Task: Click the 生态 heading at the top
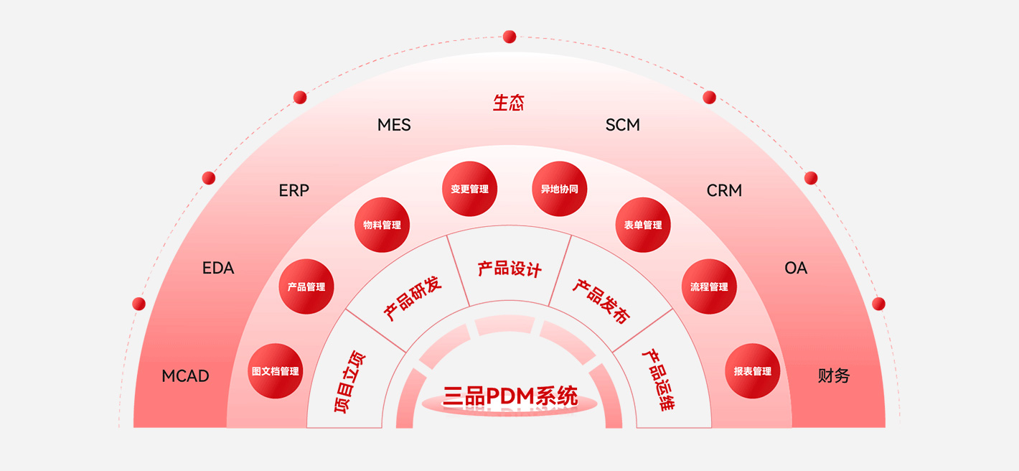pyautogui.click(x=509, y=103)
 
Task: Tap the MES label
pyautogui.click(x=394, y=125)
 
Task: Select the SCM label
pyautogui.click(x=622, y=125)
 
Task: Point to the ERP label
pyautogui.click(x=294, y=190)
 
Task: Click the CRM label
pyautogui.click(x=724, y=190)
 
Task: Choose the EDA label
pyautogui.click(x=218, y=268)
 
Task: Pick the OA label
pyautogui.click(x=796, y=268)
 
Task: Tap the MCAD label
pyautogui.click(x=185, y=376)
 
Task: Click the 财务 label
pyautogui.click(x=834, y=376)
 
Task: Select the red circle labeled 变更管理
pyautogui.click(x=469, y=189)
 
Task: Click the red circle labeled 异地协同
pyautogui.click(x=559, y=189)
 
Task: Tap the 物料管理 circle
pyautogui.click(x=382, y=225)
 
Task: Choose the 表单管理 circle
pyautogui.click(x=643, y=225)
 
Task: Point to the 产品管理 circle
pyautogui.click(x=306, y=286)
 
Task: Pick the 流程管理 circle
pyautogui.click(x=709, y=286)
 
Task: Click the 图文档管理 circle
pyautogui.click(x=275, y=371)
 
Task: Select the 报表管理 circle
pyautogui.click(x=752, y=371)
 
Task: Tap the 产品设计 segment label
pyautogui.click(x=510, y=269)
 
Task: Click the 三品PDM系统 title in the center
pyautogui.click(x=510, y=396)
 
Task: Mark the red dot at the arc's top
pyautogui.click(x=510, y=37)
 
